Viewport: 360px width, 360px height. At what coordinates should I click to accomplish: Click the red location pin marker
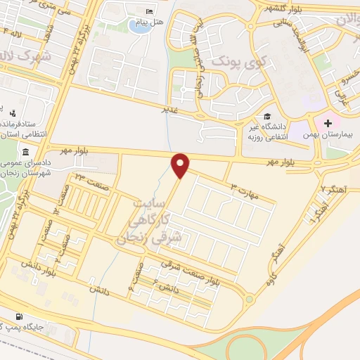[x=181, y=165]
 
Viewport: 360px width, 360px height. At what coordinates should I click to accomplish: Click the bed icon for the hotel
[x=148, y=12]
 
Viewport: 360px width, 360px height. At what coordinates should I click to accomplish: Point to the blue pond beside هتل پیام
[x=139, y=27]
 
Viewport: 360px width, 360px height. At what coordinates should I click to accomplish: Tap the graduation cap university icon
[x=267, y=116]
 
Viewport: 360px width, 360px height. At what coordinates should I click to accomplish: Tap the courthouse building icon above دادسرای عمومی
[x=26, y=153]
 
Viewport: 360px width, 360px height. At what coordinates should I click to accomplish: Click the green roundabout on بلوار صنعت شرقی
[x=249, y=300]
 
